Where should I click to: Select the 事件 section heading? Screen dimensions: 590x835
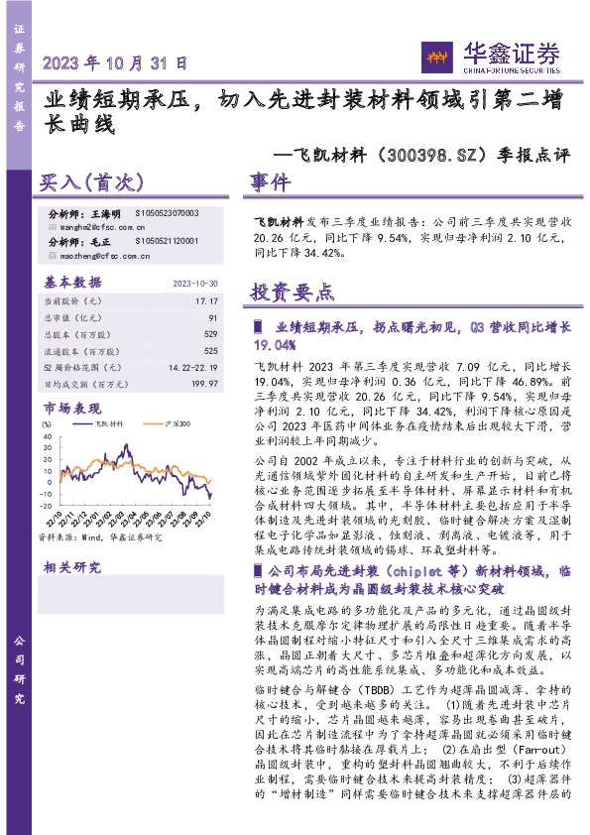click(x=270, y=183)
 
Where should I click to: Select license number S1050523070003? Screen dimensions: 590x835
click(x=166, y=213)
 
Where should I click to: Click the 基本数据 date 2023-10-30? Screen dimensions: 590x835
click(x=194, y=282)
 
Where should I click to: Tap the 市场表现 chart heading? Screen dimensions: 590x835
click(x=72, y=408)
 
